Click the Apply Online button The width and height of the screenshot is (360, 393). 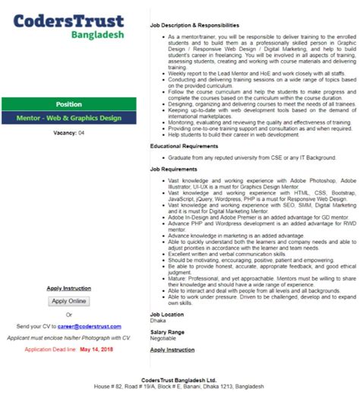(69, 301)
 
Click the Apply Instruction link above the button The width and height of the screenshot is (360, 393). (69, 289)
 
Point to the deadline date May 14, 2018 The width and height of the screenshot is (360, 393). (96, 349)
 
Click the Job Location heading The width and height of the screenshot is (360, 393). (167, 314)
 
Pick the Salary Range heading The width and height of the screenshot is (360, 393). (167, 332)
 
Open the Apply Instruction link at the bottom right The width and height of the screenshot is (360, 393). (172, 350)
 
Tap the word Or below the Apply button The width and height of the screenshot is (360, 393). (69, 314)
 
